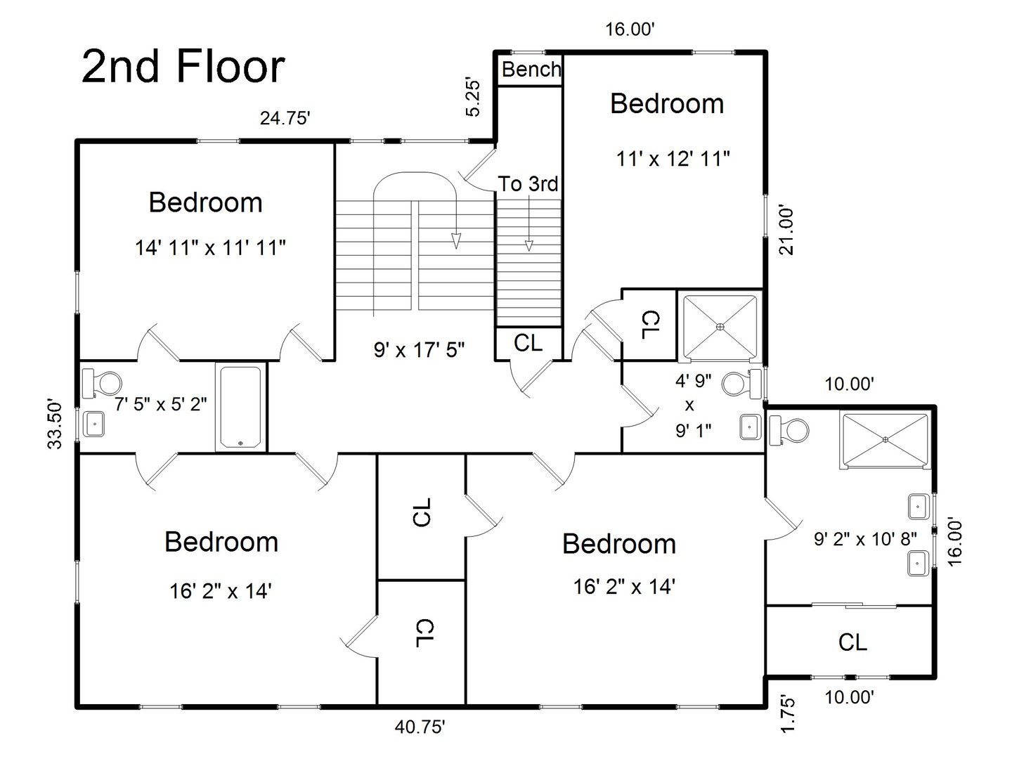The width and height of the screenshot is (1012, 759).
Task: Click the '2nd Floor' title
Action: click(x=183, y=67)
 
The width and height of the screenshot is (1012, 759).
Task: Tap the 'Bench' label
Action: click(x=531, y=70)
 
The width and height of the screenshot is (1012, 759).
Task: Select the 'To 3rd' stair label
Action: click(x=528, y=184)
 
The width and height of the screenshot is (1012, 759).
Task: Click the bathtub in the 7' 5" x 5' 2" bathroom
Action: click(x=241, y=407)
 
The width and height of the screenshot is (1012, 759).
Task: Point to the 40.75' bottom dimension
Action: click(x=420, y=727)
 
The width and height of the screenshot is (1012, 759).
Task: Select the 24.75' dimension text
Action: click(x=285, y=118)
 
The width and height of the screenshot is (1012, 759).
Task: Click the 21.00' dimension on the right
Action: click(x=785, y=229)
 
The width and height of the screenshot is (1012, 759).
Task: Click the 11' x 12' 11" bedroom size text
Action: click(x=673, y=160)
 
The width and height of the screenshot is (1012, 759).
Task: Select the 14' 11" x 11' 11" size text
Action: click(x=210, y=247)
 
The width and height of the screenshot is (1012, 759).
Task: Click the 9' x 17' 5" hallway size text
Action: click(x=419, y=349)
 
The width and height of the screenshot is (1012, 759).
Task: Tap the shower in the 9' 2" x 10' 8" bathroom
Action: click(x=885, y=440)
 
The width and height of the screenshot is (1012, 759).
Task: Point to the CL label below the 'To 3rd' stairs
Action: click(x=528, y=343)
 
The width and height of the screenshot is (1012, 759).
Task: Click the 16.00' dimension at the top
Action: click(x=630, y=30)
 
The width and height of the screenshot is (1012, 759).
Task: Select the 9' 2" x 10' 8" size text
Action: click(x=865, y=539)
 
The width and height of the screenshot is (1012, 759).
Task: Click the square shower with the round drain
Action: click(x=720, y=326)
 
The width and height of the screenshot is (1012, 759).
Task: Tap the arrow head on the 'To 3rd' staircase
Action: click(x=528, y=245)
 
